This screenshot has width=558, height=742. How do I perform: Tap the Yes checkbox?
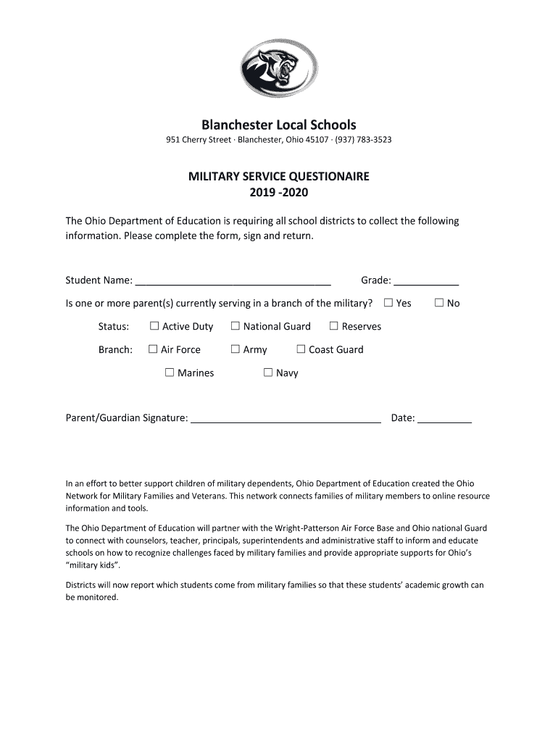(388, 303)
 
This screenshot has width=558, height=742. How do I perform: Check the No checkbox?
(439, 303)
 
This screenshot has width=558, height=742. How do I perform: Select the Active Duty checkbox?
(154, 326)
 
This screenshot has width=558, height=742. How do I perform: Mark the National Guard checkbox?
(235, 326)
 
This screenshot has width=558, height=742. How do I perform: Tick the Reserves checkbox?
(334, 326)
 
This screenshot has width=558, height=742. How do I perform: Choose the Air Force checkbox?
(153, 349)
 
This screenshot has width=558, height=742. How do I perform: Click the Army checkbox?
(235, 349)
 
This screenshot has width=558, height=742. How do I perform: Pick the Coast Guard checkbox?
(301, 349)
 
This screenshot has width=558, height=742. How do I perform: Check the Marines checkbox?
(170, 372)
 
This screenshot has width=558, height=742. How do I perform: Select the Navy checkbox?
(268, 372)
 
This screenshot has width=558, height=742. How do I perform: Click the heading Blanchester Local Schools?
(279, 125)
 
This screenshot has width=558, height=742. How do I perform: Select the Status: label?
(114, 327)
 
